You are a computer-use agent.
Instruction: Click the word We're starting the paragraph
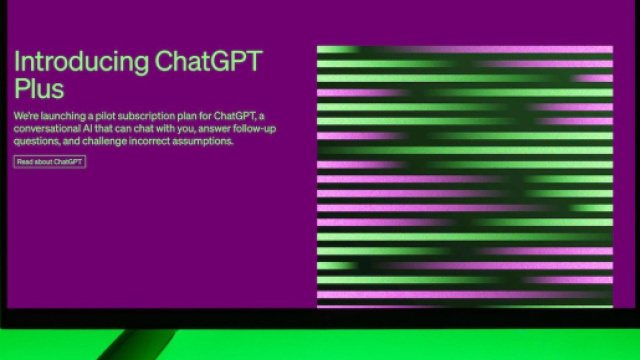(25, 116)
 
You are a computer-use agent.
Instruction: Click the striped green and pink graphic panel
(464, 175)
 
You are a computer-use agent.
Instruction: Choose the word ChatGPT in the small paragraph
(235, 116)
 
